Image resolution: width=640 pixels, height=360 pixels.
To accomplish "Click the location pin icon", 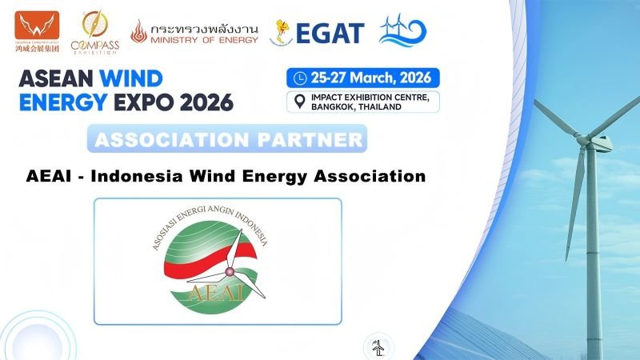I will point(299,102).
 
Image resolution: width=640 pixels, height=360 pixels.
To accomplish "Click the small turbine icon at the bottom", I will point(377,347).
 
